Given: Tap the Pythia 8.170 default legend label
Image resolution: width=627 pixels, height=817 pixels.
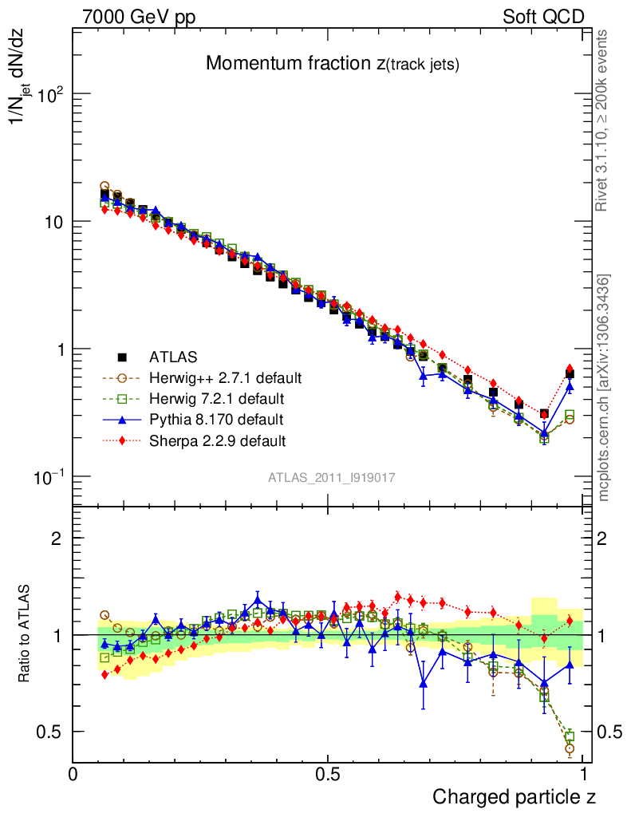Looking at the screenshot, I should click(216, 419).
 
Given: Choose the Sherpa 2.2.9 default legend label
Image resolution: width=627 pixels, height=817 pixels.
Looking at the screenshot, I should click(218, 440).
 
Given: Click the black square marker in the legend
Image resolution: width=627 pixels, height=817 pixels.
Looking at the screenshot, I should click(122, 357).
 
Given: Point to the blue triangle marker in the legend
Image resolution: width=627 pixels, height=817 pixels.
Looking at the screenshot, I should click(122, 419).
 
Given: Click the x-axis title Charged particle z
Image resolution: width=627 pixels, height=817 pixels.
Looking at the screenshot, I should click(514, 796).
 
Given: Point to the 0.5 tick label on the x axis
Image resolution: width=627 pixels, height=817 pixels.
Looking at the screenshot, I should click(327, 773).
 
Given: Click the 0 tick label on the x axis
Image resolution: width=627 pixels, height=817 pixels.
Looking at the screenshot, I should click(73, 773).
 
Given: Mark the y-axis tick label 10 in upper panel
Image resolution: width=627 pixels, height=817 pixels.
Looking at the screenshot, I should click(53, 222).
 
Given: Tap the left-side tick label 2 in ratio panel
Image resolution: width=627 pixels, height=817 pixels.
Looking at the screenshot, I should click(57, 539).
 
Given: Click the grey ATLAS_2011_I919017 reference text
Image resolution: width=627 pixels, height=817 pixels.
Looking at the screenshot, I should click(331, 477).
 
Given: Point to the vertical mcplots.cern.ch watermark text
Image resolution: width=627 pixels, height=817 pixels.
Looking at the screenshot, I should click(605, 388).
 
